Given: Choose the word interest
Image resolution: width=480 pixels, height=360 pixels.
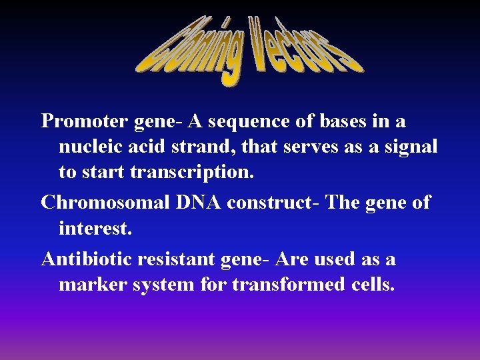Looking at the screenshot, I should [95, 228].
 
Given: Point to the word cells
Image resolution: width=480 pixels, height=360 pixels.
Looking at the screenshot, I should [373, 285].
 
